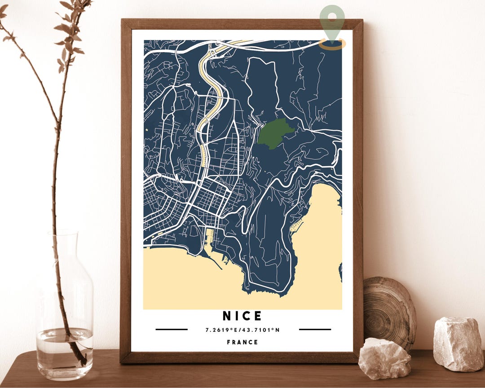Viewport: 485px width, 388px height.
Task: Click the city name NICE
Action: coord(242,316)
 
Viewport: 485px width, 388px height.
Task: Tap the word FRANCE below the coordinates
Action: coord(242,342)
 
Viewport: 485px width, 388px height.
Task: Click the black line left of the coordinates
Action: coord(171,330)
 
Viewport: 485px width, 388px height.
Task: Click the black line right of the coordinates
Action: coord(314,330)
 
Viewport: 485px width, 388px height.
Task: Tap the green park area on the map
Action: coord(273,133)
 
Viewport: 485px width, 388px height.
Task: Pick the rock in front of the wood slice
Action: coord(384,358)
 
